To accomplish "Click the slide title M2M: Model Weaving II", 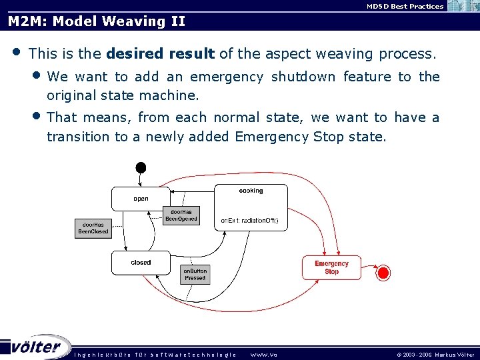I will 96,21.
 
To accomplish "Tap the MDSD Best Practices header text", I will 405,6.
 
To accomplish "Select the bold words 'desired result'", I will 160,53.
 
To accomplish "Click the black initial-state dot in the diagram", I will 140,167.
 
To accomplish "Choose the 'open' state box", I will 141,197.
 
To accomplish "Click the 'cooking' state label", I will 251,191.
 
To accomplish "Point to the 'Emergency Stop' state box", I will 331,267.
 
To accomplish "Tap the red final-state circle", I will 383,272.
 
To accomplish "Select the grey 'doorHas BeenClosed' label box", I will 93,228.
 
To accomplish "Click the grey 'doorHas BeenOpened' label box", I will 181,215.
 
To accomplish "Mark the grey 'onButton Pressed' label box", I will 195,274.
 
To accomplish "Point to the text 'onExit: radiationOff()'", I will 249,221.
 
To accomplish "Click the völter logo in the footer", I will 37,347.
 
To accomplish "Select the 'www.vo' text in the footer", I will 263,355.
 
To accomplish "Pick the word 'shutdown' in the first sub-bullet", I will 303,77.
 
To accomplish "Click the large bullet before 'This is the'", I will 16,51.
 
